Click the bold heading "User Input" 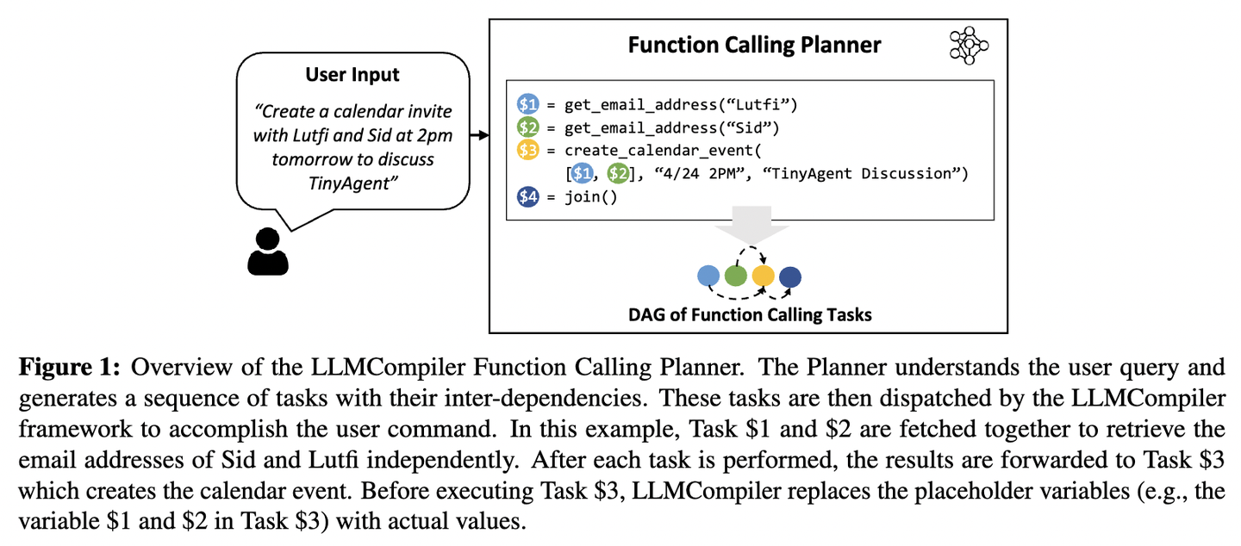click(x=352, y=75)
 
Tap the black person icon click(x=267, y=251)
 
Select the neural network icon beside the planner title click(x=969, y=45)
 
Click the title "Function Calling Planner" click(x=754, y=45)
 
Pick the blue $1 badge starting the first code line click(x=527, y=105)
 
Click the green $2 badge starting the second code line click(x=527, y=128)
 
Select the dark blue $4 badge click(x=527, y=197)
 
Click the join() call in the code click(x=590, y=197)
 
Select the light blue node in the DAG click(x=708, y=276)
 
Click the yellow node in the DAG click(x=763, y=276)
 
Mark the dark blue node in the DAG click(x=790, y=276)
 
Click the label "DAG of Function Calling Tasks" click(x=750, y=314)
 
